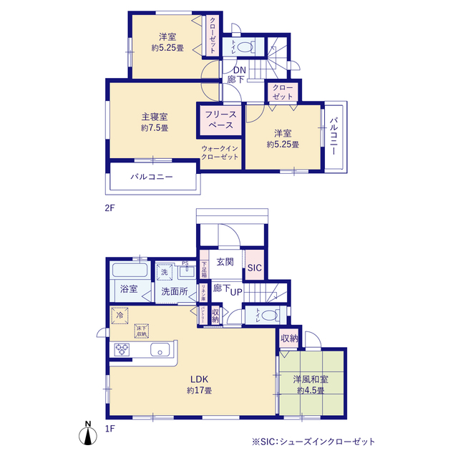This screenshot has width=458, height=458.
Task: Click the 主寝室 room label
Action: (x=154, y=117)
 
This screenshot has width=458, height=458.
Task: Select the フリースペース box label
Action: (x=220, y=120)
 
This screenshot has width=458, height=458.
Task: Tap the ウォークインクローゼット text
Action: (x=221, y=152)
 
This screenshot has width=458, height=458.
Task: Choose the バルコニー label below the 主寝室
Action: (x=151, y=177)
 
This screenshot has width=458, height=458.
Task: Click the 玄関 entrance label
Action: (x=225, y=261)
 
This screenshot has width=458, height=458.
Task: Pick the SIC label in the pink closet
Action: (x=254, y=268)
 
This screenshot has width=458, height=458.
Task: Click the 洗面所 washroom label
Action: (x=174, y=291)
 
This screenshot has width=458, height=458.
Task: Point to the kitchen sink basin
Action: (x=160, y=350)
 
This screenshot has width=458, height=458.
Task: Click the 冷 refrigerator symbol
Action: (x=120, y=314)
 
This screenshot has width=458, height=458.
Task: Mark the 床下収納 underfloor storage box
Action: (x=141, y=330)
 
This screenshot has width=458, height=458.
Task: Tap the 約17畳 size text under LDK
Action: (x=199, y=390)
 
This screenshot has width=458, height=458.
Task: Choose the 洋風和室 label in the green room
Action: (x=310, y=379)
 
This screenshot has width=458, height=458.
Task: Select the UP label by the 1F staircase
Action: (x=235, y=293)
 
